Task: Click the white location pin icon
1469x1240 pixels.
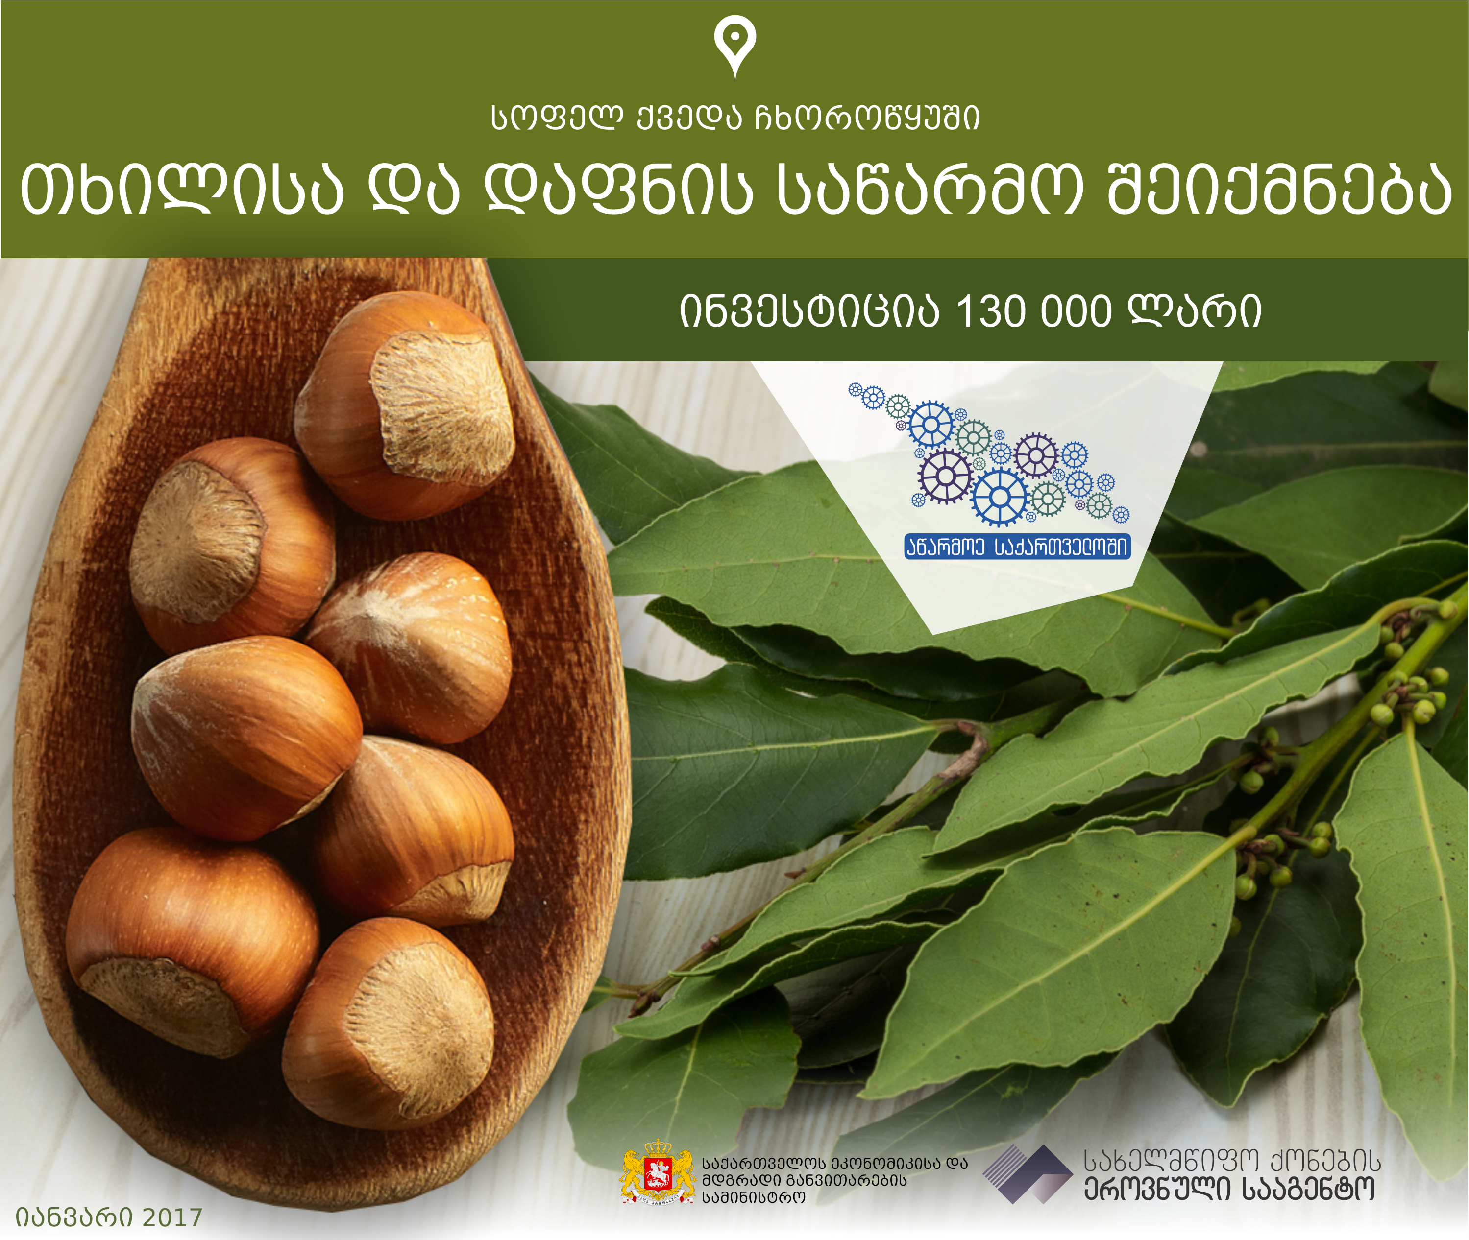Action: click(x=735, y=46)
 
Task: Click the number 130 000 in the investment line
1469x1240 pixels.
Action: click(x=1034, y=311)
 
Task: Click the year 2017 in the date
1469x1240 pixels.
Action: click(x=172, y=1217)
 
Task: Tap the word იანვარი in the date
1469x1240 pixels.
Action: click(x=74, y=1217)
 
